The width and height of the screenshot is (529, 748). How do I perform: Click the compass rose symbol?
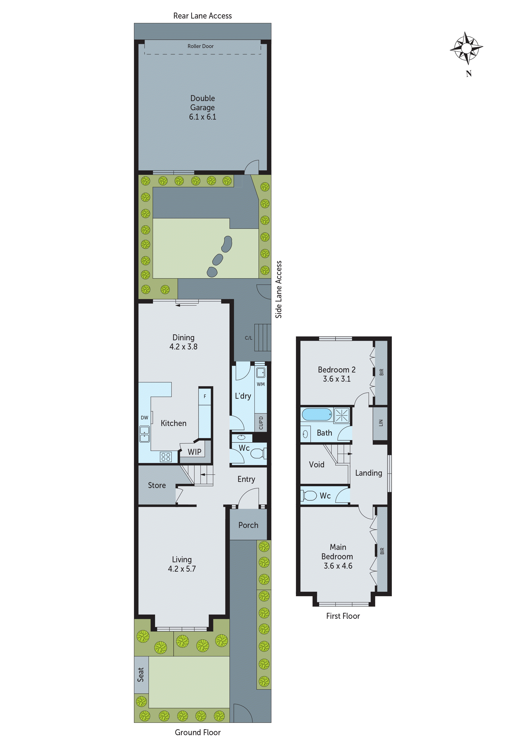click(467, 48)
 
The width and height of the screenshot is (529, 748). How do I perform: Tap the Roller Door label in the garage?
click(201, 46)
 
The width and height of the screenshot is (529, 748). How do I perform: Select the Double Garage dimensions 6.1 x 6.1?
click(202, 117)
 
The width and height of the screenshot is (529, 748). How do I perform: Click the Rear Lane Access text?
click(202, 16)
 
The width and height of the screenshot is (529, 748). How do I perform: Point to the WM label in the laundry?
click(260, 384)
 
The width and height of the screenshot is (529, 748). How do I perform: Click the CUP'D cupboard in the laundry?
click(261, 423)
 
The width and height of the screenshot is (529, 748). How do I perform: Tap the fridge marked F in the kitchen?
click(205, 396)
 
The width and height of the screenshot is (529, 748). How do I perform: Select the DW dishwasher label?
click(144, 418)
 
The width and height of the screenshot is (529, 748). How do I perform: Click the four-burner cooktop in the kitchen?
click(166, 457)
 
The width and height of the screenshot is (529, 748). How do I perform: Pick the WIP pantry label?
click(195, 452)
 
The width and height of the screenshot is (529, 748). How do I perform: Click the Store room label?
click(157, 486)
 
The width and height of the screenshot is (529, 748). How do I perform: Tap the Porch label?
click(248, 525)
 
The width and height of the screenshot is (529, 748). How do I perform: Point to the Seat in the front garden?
click(141, 675)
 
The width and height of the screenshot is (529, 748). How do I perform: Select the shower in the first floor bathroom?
click(342, 415)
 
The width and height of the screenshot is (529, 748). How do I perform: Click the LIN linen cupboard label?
click(380, 423)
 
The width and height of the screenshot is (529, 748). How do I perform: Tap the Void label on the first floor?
click(317, 465)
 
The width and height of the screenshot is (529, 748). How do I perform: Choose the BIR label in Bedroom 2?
click(381, 372)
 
